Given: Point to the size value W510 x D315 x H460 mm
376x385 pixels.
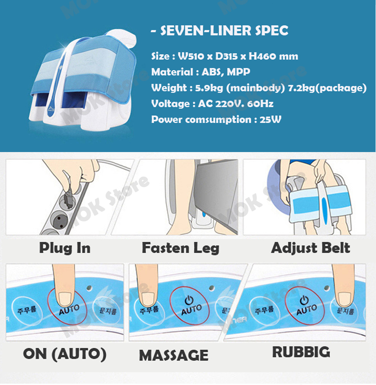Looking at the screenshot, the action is pyautogui.click(x=238, y=56).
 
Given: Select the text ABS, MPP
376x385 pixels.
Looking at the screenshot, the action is pyautogui.click(x=226, y=72).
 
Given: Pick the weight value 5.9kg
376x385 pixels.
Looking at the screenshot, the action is pyautogui.click(x=209, y=88).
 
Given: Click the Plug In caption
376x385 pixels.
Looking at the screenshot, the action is pyautogui.click(x=65, y=248).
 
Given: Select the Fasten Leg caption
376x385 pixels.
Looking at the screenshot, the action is pyautogui.click(x=180, y=248).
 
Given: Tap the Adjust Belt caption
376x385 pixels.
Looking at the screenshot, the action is pyautogui.click(x=311, y=248).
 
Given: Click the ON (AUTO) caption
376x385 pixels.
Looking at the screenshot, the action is pyautogui.click(x=65, y=354).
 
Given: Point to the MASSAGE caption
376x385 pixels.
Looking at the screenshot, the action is pyautogui.click(x=174, y=355).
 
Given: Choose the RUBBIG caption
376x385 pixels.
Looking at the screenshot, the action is pyautogui.click(x=301, y=352).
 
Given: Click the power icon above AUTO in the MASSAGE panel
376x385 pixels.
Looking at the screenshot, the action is pyautogui.click(x=189, y=300).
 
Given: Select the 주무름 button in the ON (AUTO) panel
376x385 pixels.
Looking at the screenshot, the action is pyautogui.click(x=27, y=310).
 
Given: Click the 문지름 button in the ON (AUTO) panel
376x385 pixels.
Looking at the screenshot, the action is pyautogui.click(x=107, y=311).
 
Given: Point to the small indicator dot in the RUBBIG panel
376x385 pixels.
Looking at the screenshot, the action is pyautogui.click(x=327, y=288).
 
